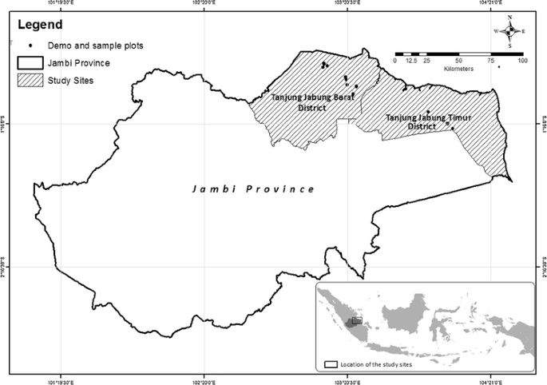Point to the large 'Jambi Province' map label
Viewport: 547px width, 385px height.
click(x=253, y=189)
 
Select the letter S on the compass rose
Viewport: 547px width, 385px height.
click(x=509, y=45)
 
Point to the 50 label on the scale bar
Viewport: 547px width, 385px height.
click(x=458, y=62)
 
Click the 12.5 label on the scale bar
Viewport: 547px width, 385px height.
click(x=411, y=62)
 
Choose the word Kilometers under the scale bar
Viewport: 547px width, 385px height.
click(x=458, y=69)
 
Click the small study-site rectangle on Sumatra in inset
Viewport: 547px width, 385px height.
click(x=356, y=320)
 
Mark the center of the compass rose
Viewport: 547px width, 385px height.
click(x=509, y=31)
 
